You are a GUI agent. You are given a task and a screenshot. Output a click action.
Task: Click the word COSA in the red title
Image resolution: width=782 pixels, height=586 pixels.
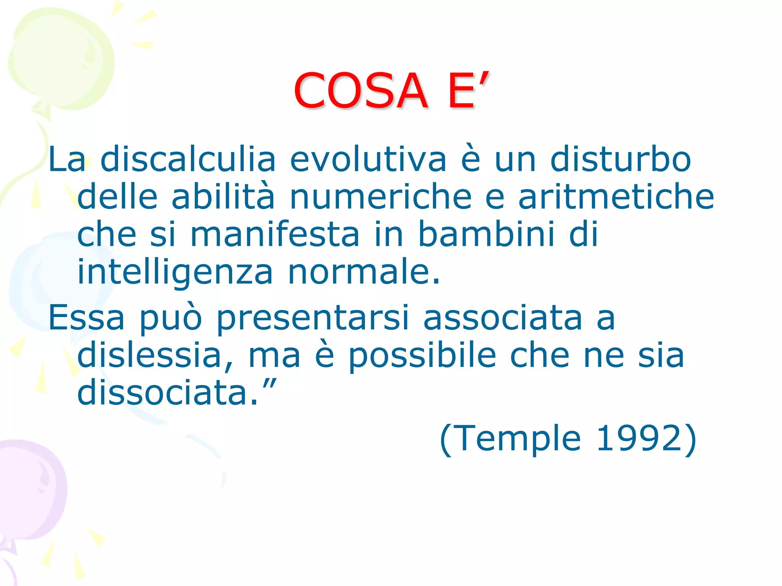point(360,91)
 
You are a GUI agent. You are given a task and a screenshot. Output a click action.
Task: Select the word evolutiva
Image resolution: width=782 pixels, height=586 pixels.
point(368,159)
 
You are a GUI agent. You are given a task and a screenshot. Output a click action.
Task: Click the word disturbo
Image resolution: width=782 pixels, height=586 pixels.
point(620,159)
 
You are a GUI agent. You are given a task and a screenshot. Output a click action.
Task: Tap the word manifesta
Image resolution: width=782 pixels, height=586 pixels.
point(275,234)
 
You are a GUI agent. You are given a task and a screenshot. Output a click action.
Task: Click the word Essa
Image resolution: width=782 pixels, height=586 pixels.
point(86,317)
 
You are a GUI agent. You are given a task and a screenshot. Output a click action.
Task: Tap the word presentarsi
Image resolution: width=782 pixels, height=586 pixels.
point(313,318)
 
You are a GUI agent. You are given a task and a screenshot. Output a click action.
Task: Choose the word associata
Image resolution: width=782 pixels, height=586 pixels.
point(502,317)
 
